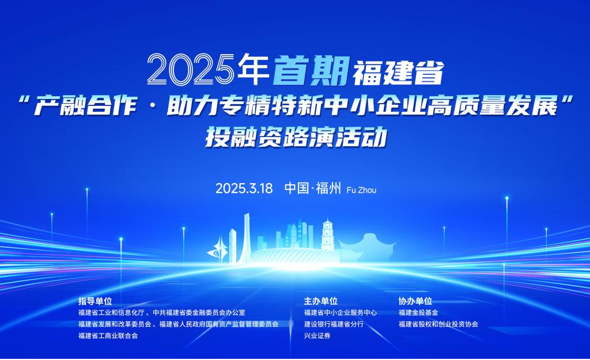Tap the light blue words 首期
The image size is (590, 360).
(x=311, y=70)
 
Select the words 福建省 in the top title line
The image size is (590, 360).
(x=398, y=72)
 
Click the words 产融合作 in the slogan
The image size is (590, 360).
(x=85, y=106)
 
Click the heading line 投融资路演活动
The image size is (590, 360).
(x=296, y=137)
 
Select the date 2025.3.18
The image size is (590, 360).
(x=244, y=188)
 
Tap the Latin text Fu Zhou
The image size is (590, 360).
(x=361, y=190)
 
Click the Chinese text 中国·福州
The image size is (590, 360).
(x=313, y=188)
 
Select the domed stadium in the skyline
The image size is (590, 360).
(x=296, y=256)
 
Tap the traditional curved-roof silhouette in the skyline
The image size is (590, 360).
(x=367, y=248)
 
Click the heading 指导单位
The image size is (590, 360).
(x=95, y=301)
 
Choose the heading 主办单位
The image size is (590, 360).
(x=320, y=301)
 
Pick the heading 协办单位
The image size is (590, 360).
(x=415, y=301)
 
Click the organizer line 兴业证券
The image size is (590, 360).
(x=317, y=336)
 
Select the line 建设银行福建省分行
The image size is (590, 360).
(x=334, y=324)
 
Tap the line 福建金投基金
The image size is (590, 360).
(x=418, y=312)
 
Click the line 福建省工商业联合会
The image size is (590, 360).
(x=108, y=336)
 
